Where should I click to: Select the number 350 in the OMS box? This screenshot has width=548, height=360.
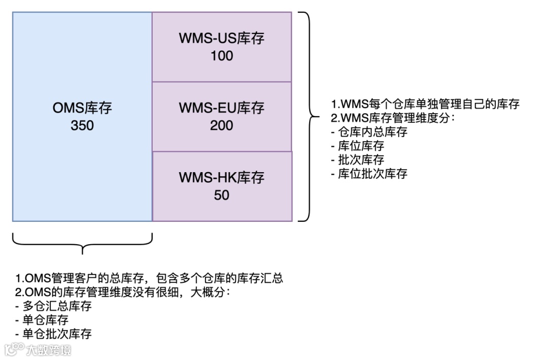[82, 125]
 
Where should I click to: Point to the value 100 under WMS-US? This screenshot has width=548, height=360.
[222, 55]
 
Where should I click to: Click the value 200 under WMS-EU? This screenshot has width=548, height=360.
[222, 125]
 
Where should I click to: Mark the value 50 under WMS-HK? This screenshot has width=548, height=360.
[222, 194]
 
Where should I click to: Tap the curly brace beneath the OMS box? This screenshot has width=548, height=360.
[82, 244]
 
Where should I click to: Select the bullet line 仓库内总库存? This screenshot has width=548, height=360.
[369, 132]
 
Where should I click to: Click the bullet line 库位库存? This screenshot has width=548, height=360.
[357, 146]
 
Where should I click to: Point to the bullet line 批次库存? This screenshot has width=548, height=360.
[357, 160]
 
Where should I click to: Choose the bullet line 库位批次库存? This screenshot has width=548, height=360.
[369, 174]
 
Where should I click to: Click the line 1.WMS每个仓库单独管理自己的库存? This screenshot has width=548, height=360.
[425, 104]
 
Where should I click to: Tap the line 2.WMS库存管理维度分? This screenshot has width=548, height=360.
[394, 118]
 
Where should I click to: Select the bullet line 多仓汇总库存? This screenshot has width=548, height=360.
[54, 306]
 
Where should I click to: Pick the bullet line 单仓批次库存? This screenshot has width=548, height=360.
[54, 334]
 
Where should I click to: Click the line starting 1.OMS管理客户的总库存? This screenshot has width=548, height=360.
[149, 278]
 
